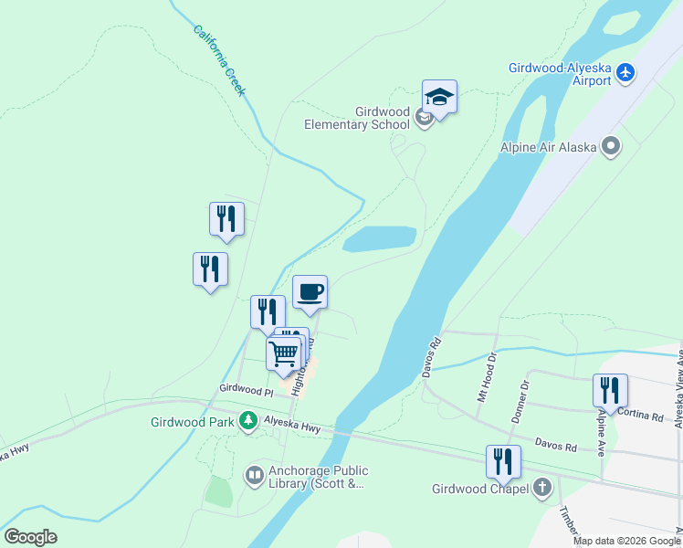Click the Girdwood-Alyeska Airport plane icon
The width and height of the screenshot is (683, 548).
(x=625, y=72)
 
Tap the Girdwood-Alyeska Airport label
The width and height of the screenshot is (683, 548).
(x=560, y=74)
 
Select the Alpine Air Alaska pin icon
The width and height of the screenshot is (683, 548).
(x=611, y=146)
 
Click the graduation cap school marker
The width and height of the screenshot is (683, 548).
(x=439, y=98)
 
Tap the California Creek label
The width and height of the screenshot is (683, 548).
(x=219, y=59)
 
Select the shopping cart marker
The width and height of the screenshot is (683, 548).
(x=284, y=353)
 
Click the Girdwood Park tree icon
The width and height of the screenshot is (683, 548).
(x=247, y=421)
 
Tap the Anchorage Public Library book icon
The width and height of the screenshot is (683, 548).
(x=254, y=475)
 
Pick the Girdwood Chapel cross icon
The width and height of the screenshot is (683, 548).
(x=542, y=488)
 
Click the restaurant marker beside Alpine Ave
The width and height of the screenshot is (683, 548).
(x=610, y=390)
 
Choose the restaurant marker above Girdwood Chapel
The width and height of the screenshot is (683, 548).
(x=502, y=462)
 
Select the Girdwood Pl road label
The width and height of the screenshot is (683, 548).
(x=246, y=390)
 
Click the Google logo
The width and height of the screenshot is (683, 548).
(x=30, y=536)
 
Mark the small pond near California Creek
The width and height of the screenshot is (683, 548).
(x=378, y=239)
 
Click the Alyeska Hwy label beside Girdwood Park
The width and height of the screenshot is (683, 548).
(x=292, y=422)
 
